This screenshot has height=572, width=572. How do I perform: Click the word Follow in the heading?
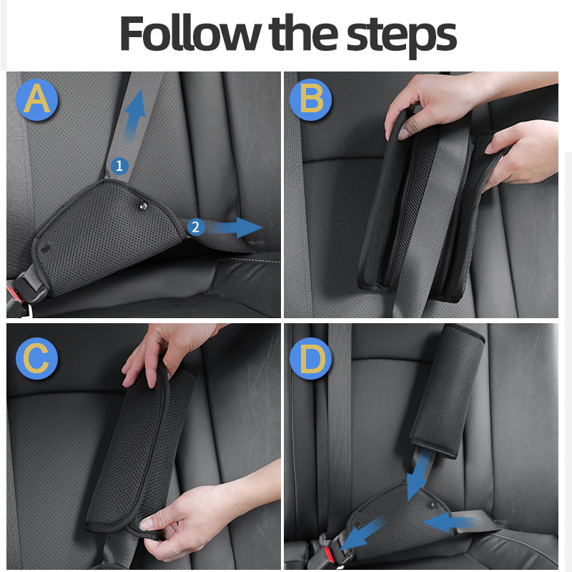tap(190, 33)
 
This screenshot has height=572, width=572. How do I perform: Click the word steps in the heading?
tap(401, 36)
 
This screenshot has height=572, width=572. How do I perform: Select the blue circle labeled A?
tap(37, 99)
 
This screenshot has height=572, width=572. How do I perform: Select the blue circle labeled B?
tap(311, 99)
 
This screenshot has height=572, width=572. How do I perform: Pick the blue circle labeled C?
tap(37, 358)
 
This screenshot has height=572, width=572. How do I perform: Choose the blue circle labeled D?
tap(311, 358)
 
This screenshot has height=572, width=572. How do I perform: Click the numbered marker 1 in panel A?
tap(119, 166)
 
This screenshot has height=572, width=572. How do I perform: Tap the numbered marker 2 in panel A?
tap(195, 227)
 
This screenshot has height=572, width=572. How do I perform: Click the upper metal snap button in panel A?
tap(143, 207)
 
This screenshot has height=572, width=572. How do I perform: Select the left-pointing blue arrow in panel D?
tap(450, 523)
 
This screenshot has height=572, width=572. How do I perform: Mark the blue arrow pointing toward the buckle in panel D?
tap(363, 533)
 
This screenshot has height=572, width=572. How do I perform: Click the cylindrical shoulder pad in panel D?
tap(448, 390)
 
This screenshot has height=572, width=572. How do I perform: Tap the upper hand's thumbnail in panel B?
tap(404, 134)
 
